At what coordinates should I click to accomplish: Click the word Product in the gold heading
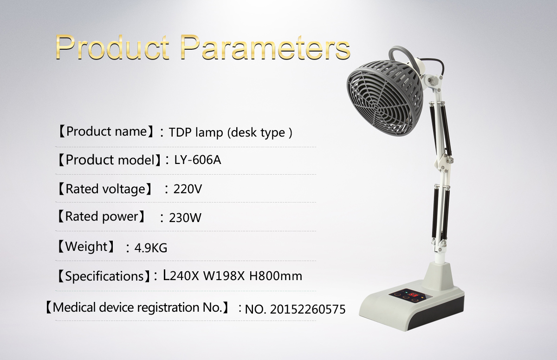[x=113, y=47]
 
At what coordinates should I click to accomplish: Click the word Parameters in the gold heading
[x=265, y=47]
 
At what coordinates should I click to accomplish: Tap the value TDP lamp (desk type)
[x=231, y=132]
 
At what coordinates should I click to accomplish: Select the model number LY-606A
[x=197, y=160]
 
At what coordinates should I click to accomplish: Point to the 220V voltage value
[x=188, y=189]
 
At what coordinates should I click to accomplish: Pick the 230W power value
[x=185, y=218]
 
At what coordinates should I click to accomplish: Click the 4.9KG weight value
[x=151, y=248]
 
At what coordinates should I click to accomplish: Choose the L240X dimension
[x=181, y=275]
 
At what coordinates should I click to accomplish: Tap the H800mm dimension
[x=276, y=275]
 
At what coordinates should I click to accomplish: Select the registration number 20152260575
[x=308, y=309]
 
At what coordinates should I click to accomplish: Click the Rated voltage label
[x=105, y=189]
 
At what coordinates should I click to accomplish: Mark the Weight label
[x=86, y=247]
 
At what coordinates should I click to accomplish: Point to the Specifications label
[x=104, y=276]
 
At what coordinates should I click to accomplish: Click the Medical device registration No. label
[x=137, y=308]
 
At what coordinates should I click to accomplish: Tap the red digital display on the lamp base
[x=414, y=295]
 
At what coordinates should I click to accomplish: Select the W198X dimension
[x=224, y=275]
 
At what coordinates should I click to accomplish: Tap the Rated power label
[x=102, y=216]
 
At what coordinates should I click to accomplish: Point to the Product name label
[x=106, y=131]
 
